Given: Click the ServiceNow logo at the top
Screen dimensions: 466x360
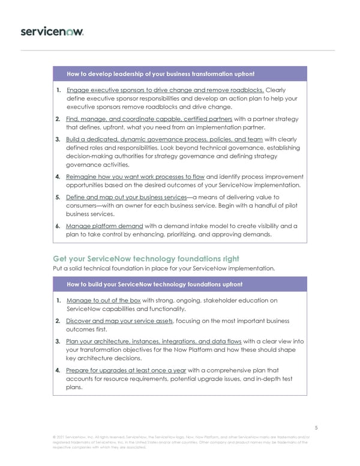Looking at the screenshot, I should [52, 31].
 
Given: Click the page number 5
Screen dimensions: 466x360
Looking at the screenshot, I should [316, 428].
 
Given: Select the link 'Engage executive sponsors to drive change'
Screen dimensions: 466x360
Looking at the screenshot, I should [164, 89].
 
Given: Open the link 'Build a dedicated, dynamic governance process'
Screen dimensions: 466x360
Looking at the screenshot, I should [164, 139].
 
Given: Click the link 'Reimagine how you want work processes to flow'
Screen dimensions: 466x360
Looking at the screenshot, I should [135, 177].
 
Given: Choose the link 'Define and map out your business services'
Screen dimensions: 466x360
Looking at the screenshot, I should [127, 197].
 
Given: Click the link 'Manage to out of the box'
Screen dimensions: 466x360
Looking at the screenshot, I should [103, 300].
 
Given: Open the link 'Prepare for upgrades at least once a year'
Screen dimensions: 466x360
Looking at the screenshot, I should [126, 370].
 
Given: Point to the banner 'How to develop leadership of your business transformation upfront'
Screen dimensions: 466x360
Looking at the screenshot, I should [160, 74].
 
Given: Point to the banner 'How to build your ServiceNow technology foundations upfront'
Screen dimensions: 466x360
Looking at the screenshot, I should [154, 284].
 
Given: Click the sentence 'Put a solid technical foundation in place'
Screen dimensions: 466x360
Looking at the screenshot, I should [164, 268].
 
